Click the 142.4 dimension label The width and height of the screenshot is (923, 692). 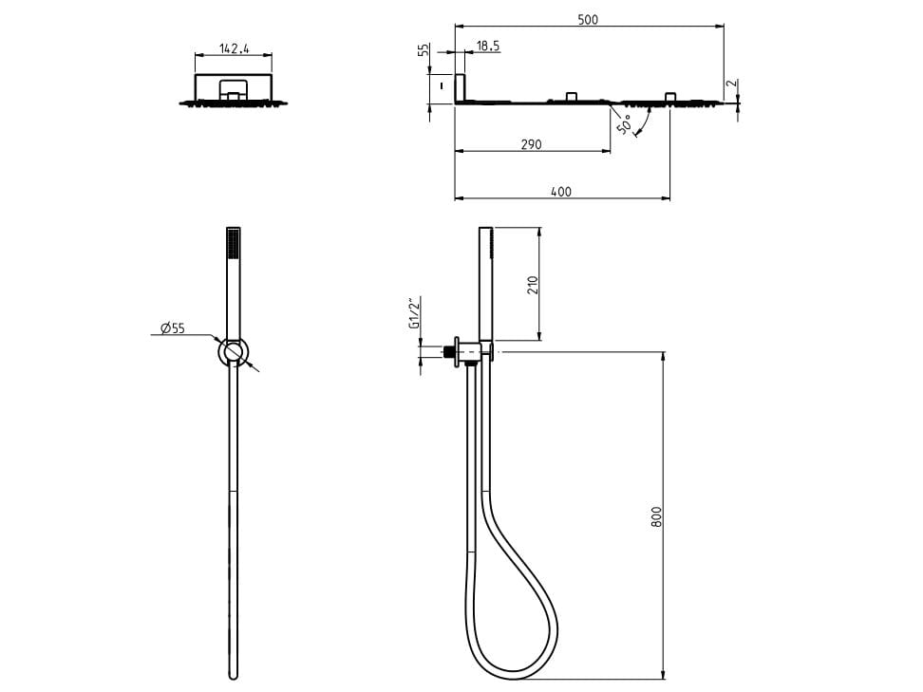(x=235, y=48)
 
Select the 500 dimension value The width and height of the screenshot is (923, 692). (x=588, y=19)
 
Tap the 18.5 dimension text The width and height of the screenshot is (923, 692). (x=488, y=46)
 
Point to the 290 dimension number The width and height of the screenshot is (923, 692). (x=531, y=144)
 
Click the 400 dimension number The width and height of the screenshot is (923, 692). (x=561, y=192)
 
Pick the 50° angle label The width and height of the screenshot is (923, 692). (x=624, y=124)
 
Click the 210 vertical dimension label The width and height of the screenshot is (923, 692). (x=533, y=285)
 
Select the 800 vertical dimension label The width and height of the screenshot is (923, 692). (x=656, y=516)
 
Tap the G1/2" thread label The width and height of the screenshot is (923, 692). (x=414, y=312)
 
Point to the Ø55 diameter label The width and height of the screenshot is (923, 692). (x=173, y=327)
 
